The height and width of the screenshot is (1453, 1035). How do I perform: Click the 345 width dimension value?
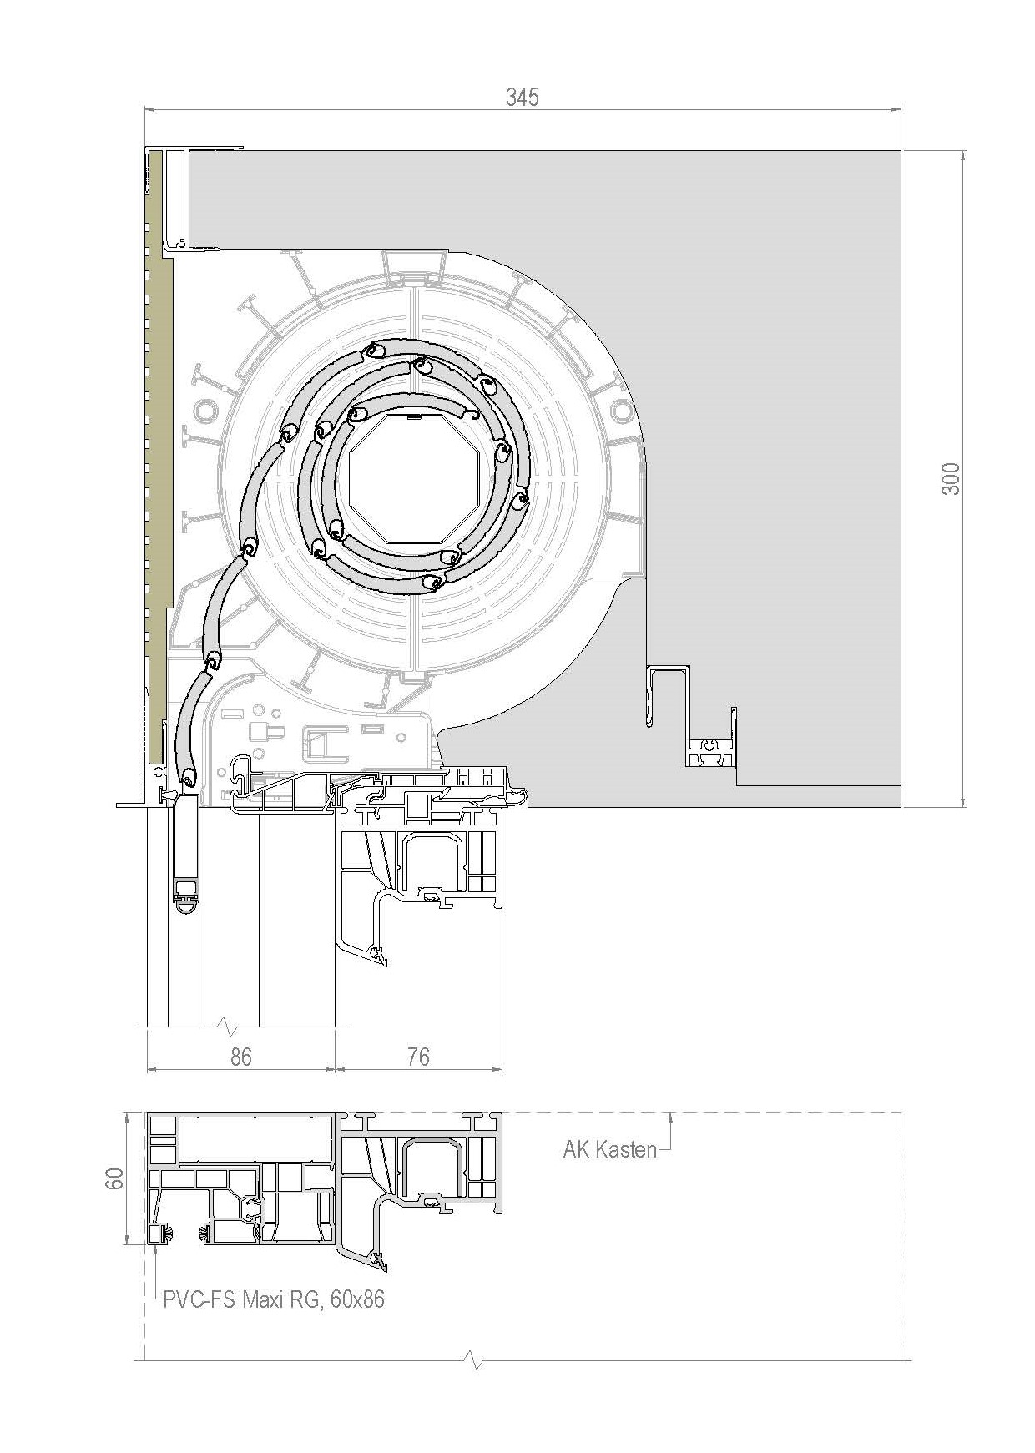click(x=523, y=98)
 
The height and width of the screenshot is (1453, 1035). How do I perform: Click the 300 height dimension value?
click(x=951, y=478)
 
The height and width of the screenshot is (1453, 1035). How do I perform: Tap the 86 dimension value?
click(x=240, y=1057)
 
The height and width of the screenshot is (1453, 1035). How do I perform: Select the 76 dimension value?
click(x=418, y=1057)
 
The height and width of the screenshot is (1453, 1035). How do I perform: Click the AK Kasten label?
click(x=610, y=1149)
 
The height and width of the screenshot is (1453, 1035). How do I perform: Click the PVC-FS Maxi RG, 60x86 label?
click(x=274, y=1299)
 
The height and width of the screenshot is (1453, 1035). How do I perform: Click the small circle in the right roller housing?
click(x=622, y=410)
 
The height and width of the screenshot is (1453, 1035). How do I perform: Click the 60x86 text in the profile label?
click(x=357, y=1299)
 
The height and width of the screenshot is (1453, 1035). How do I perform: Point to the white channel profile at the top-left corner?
click(x=175, y=199)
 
